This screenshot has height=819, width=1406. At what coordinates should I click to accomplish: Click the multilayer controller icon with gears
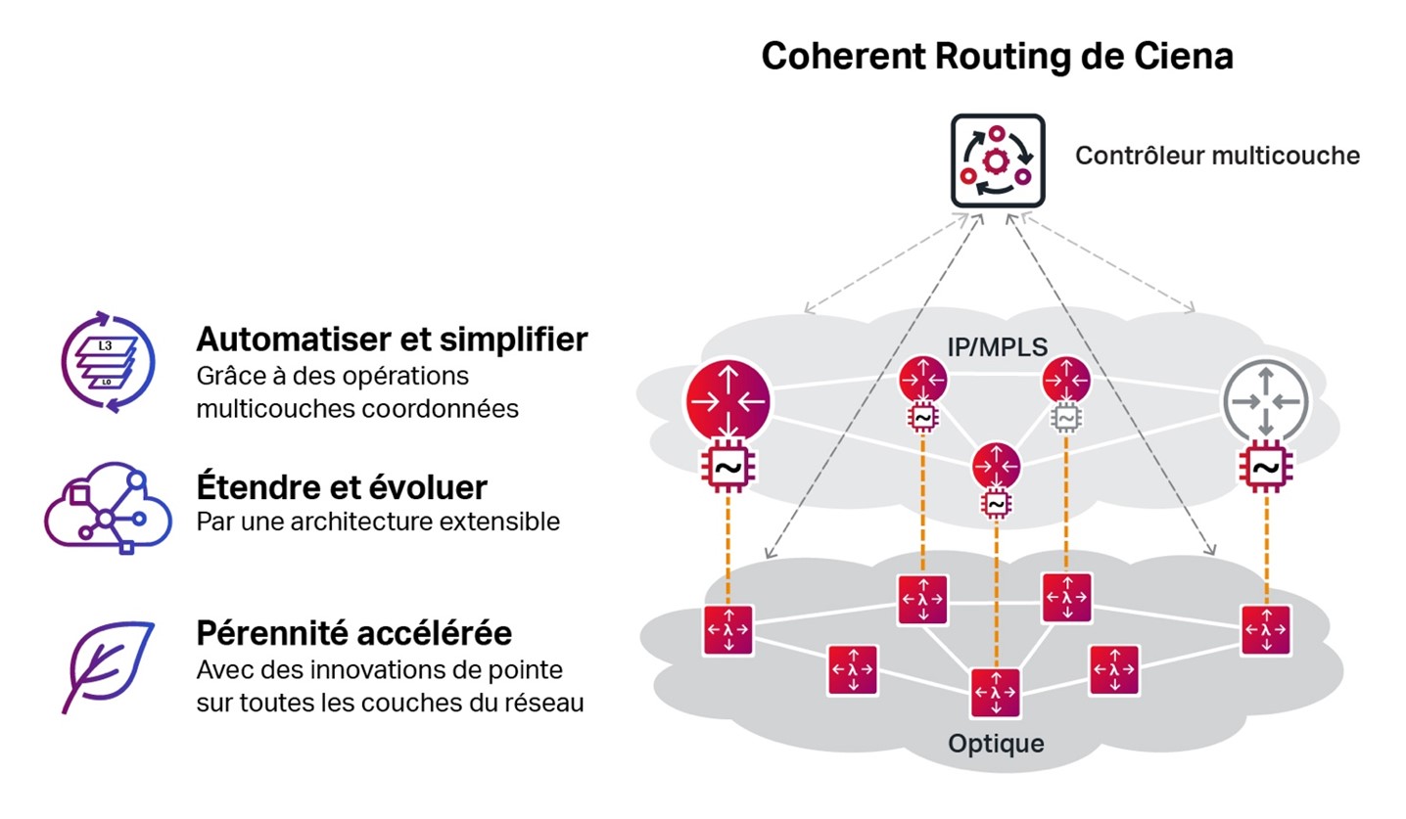pos(998,160)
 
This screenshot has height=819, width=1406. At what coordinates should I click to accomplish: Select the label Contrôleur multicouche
pos(1217,156)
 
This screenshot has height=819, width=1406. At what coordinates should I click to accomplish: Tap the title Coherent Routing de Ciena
pos(997,56)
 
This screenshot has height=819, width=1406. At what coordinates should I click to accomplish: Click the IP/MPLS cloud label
pos(997,345)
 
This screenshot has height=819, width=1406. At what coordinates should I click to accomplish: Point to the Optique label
pos(996,744)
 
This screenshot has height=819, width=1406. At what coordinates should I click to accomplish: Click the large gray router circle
pos(1265,401)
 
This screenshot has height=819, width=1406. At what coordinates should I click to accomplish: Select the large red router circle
pos(727,401)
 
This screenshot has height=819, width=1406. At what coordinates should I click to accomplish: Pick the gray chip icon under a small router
pos(1065,419)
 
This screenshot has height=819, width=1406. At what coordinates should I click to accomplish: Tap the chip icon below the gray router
pos(1265,467)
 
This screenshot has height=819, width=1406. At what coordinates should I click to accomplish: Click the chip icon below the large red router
pos(727,468)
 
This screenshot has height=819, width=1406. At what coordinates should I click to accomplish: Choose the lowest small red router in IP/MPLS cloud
pos(996,466)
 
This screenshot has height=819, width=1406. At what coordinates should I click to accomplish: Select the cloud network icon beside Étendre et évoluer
pos(108,508)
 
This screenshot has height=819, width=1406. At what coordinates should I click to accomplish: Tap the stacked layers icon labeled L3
pos(108,361)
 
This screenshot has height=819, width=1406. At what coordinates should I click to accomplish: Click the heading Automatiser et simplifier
pos(392,340)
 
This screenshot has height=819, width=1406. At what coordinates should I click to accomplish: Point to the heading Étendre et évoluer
pos(342,487)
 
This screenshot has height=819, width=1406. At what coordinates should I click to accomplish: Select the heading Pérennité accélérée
pos(353,633)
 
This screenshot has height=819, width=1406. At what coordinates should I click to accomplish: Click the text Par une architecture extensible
pos(378,522)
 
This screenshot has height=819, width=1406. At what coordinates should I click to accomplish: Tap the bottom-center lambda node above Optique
pos(996,693)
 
